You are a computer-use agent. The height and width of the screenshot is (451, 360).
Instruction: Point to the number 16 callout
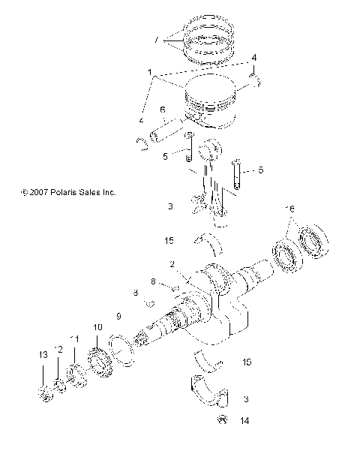click(x=290, y=208)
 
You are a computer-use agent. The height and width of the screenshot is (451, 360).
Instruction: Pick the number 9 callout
click(x=117, y=315)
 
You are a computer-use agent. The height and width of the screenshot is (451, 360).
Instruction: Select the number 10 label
click(x=97, y=328)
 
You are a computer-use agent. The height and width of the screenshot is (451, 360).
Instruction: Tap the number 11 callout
click(x=74, y=340)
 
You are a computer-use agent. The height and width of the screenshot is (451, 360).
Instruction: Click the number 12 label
click(x=58, y=349)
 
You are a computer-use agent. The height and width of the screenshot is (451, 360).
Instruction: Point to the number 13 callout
click(x=42, y=354)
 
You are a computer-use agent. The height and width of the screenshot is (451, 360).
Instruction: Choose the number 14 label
click(x=244, y=422)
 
